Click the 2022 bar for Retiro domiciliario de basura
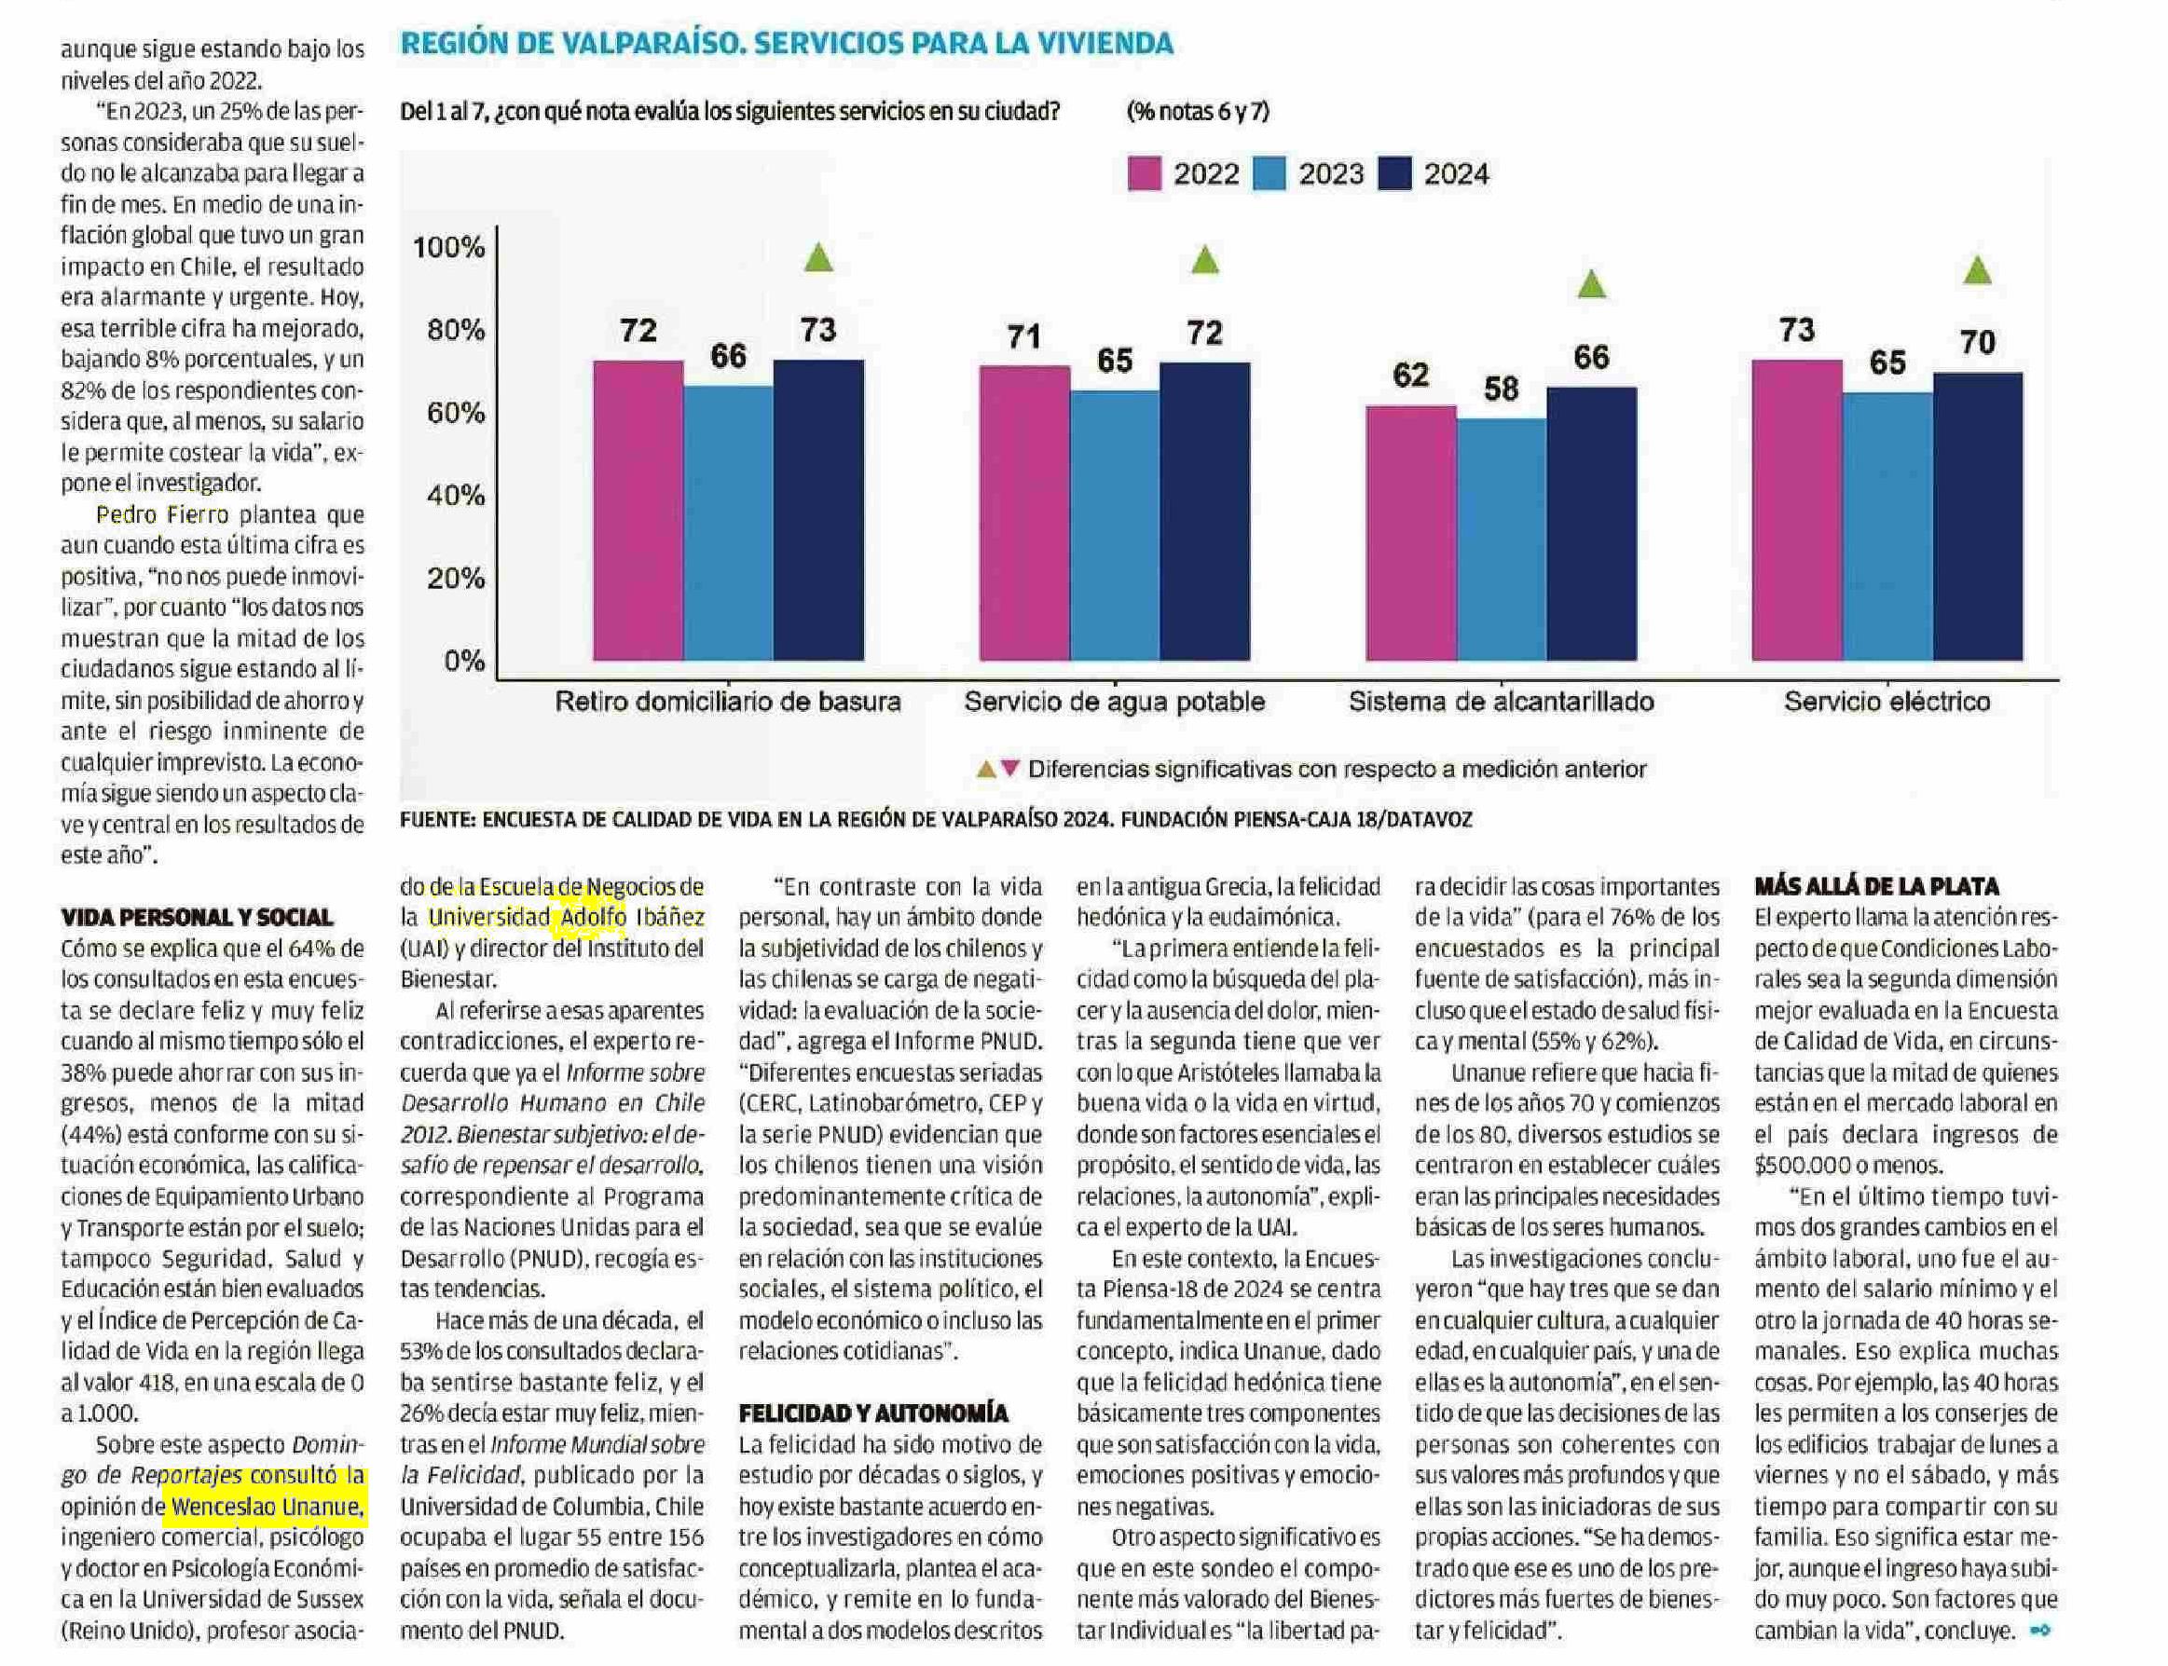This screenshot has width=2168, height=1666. pos(638,510)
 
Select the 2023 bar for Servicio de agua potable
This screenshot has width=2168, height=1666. pos(1114,525)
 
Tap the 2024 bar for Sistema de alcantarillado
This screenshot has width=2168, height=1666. pos(1590,523)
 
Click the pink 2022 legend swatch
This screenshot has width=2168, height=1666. pos(1145,173)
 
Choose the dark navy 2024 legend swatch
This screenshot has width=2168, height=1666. pos(1394,173)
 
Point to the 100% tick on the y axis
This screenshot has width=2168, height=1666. pos(449,247)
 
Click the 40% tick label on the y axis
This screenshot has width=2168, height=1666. pos(455,495)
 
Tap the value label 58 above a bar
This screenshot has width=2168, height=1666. pos(1501,389)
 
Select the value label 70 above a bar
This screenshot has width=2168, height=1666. pos(1977,342)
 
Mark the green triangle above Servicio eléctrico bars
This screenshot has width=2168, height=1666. pos(1977,269)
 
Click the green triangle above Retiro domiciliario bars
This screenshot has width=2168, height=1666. pos(818,258)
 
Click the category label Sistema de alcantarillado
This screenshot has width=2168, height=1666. pos(1501,703)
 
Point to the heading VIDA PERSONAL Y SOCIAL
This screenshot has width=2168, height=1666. pos(197,917)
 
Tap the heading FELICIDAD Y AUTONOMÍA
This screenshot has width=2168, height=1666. pos(872,1413)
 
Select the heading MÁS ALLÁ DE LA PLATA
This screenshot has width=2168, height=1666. pos(1876,886)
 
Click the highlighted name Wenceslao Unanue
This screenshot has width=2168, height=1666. pos(266,1508)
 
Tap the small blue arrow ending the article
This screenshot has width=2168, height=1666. pos(2040,1631)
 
